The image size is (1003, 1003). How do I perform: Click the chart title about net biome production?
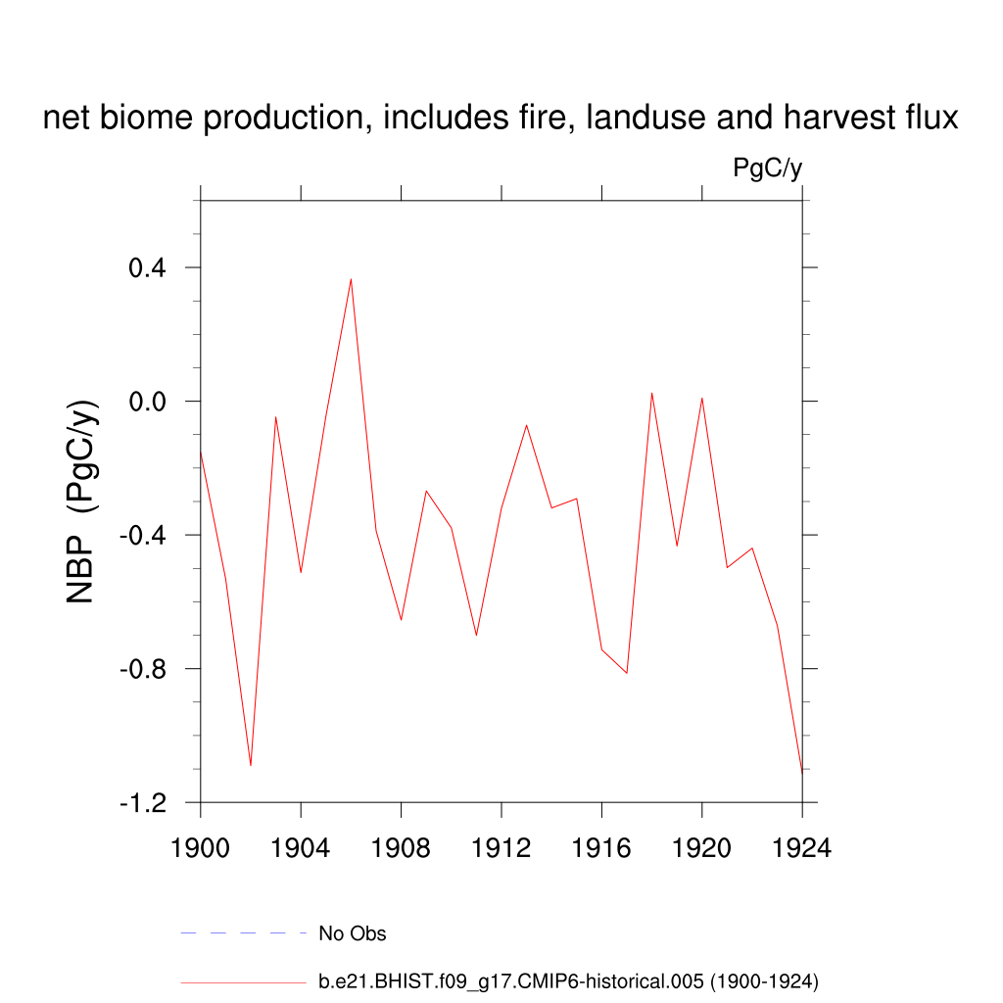501,119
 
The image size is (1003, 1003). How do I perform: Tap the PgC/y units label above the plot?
768,168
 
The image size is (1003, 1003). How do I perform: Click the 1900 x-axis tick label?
200,848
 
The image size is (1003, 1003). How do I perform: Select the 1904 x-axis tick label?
301,848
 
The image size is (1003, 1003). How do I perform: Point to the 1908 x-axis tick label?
402,848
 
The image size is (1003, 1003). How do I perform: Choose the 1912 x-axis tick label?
501,848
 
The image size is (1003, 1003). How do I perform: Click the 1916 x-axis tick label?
601,848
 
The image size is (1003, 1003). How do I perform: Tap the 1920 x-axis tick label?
702,848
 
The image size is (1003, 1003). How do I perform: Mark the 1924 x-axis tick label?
802,848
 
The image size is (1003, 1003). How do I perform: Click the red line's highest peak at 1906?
351,280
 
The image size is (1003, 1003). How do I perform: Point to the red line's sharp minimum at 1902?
251,764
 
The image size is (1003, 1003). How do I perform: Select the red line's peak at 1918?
652,394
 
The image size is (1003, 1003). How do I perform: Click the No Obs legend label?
353,933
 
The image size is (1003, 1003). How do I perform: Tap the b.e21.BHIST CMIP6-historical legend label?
568,981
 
